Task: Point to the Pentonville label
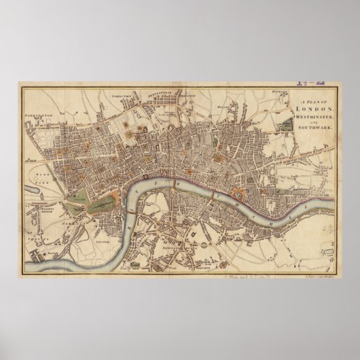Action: pyautogui.click(x=177, y=96)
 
